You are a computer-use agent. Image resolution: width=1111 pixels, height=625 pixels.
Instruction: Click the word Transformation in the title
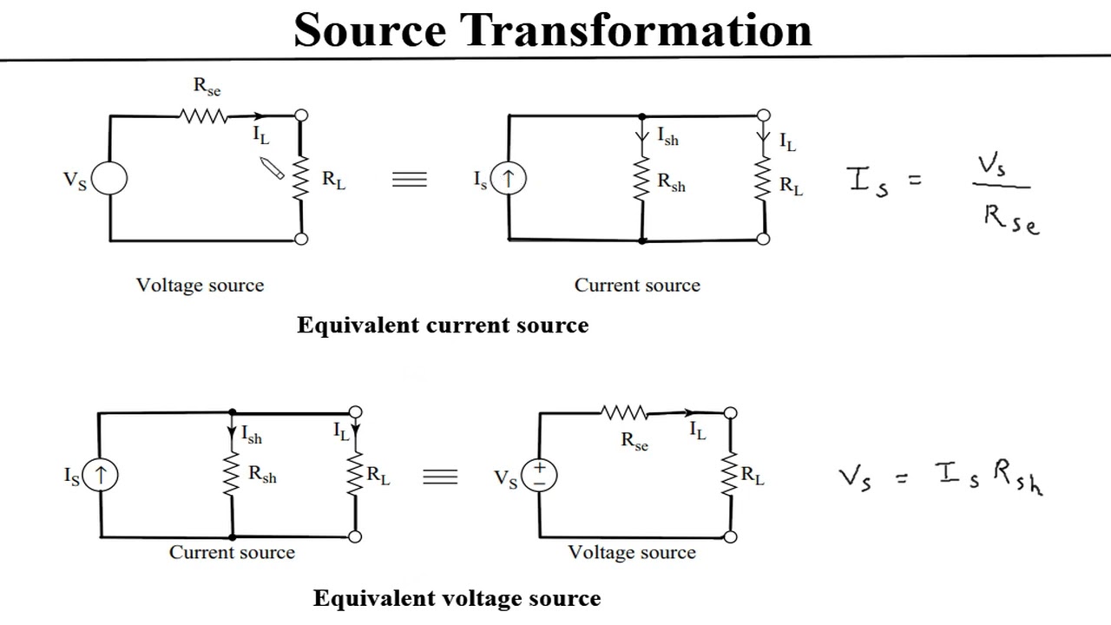[x=636, y=30]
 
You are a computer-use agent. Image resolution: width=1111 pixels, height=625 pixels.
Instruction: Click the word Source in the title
[x=370, y=30]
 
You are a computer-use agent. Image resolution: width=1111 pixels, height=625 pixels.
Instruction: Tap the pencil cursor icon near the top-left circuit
[x=273, y=168]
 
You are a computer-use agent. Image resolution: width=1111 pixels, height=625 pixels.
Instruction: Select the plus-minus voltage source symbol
[x=540, y=475]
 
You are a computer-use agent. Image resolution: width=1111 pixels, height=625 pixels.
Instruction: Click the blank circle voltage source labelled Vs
[x=109, y=179]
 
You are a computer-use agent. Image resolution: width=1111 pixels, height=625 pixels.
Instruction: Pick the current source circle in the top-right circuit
[x=509, y=180]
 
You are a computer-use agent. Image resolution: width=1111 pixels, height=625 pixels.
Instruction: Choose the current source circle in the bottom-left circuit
[x=101, y=475]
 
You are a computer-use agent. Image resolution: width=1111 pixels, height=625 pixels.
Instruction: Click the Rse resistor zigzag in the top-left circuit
[x=203, y=115]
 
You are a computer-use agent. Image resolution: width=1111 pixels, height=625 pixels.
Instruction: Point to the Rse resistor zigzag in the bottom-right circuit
[x=625, y=413]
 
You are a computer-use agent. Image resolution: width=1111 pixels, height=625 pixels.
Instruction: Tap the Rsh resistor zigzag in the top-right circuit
[x=641, y=181]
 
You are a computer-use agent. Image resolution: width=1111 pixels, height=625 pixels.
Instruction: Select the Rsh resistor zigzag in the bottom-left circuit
[x=232, y=475]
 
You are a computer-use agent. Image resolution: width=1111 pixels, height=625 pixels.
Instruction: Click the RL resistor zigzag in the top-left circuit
[x=301, y=178]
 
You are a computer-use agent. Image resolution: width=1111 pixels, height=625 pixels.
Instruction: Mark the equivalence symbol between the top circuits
[x=410, y=180]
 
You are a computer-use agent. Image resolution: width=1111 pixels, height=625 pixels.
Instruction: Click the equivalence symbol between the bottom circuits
[x=440, y=477]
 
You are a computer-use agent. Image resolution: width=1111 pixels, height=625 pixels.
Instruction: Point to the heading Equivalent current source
[x=443, y=326]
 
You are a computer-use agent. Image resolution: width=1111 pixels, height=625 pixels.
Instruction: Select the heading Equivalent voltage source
[x=457, y=599]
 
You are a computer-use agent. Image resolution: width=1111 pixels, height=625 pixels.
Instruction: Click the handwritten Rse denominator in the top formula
[x=1010, y=220]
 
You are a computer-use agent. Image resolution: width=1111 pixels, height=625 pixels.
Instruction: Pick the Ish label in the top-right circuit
[x=667, y=136]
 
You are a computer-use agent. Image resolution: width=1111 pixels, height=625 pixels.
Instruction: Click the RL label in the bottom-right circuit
[x=752, y=476]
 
